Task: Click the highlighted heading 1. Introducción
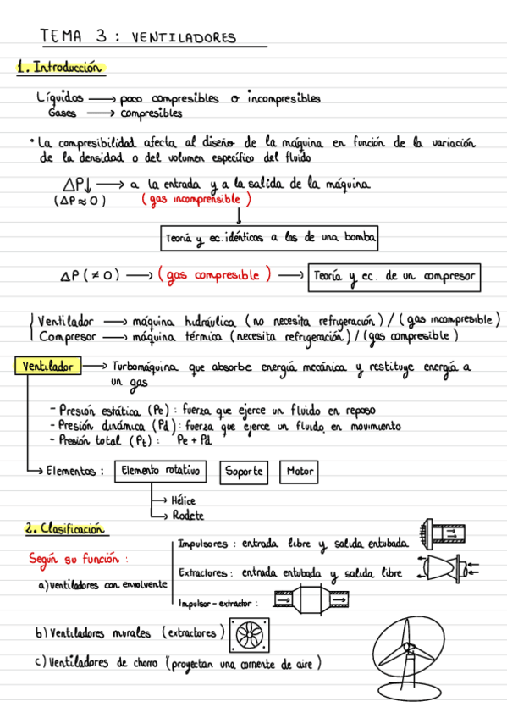61,68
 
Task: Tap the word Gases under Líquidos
63,112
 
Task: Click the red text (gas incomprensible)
196,200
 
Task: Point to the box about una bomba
269,240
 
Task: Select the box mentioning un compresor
394,276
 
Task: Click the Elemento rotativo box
161,471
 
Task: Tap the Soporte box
244,472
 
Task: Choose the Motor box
300,472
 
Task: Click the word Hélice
183,500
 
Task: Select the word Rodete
187,515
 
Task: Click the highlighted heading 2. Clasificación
64,529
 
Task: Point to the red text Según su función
78,559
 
